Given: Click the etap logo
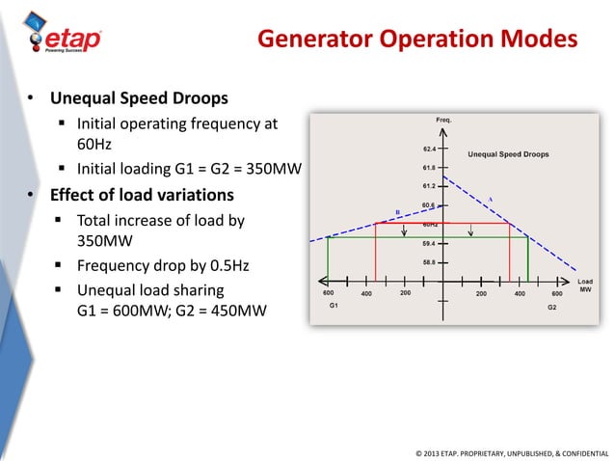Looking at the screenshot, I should (63, 38).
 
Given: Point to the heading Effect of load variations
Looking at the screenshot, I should (142, 196).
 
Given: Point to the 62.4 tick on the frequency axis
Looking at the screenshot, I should (428, 149).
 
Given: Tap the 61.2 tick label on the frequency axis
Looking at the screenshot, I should (428, 185).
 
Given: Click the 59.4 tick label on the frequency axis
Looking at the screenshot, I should (428, 242).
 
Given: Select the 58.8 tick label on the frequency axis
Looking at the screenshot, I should (428, 261).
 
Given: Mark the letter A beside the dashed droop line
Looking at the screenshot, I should (490, 199).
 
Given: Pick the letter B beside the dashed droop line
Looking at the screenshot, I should (396, 211).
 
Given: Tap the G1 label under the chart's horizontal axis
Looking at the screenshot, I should (334, 306).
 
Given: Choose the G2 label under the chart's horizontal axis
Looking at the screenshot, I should (551, 306).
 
